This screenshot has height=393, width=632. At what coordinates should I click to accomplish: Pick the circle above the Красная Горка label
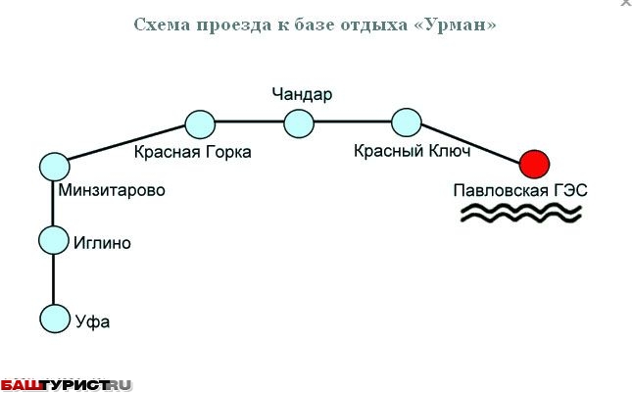coord(200,123)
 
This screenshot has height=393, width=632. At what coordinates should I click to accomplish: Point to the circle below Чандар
coord(299,123)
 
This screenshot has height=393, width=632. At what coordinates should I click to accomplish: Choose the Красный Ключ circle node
coord(406,123)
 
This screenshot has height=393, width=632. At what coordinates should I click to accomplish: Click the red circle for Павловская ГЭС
coord(534,163)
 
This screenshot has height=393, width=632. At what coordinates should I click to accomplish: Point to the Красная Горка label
coord(193,152)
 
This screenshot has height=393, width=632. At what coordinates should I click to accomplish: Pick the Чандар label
coord(303,95)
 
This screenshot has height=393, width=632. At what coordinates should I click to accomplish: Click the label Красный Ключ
coord(413,151)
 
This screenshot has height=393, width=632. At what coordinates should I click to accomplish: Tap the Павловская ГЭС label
coord(520,190)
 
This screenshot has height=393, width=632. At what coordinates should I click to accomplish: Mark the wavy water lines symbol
coord(522,215)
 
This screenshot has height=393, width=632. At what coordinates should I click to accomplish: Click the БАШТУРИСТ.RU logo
coord(66,384)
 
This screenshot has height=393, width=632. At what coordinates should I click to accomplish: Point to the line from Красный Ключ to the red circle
coord(470,143)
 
